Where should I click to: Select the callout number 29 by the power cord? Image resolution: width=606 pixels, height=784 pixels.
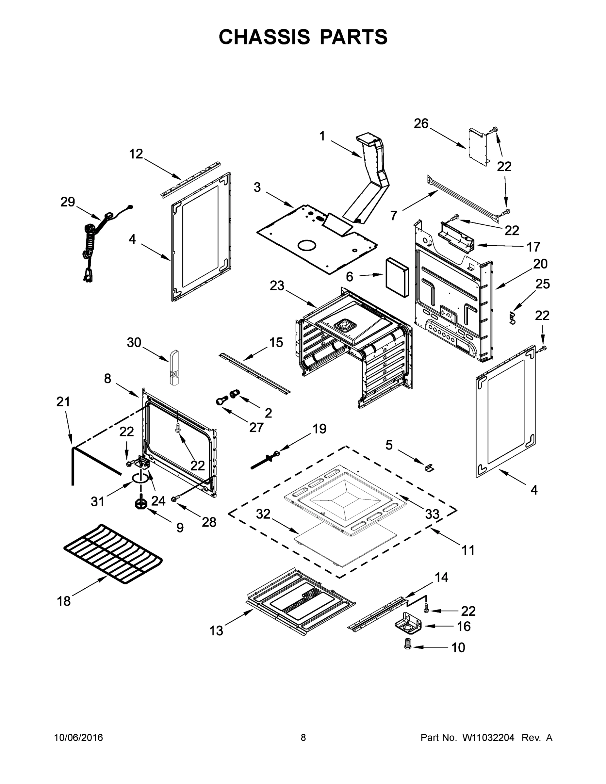pyautogui.click(x=68, y=202)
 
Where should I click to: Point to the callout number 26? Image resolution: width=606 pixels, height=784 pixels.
pyautogui.click(x=421, y=123)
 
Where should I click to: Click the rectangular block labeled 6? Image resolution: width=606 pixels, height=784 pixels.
pyautogui.click(x=397, y=277)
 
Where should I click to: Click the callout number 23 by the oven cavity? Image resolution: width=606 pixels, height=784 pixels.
pyautogui.click(x=277, y=286)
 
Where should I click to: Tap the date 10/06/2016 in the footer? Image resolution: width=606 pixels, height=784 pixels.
pyautogui.click(x=79, y=737)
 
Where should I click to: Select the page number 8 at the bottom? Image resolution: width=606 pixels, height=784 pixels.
pyautogui.click(x=303, y=737)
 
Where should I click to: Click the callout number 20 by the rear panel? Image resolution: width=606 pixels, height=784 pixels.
pyautogui.click(x=540, y=264)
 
